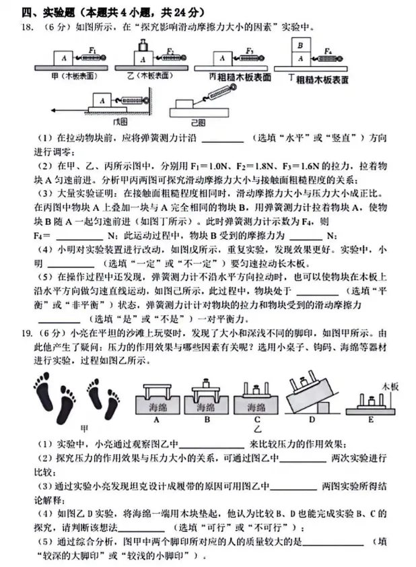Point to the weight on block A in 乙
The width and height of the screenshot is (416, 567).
click(143, 46)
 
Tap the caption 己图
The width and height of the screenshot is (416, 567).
click(198, 121)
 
